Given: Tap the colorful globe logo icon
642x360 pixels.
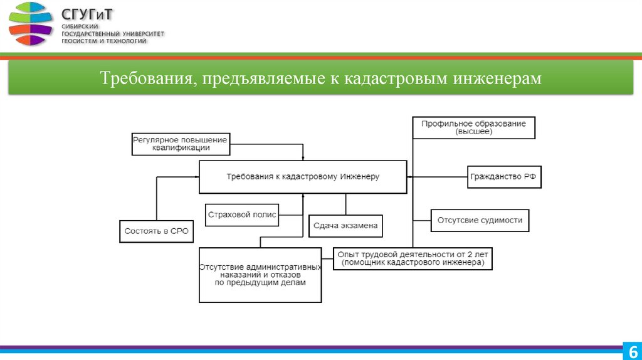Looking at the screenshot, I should point(31,24).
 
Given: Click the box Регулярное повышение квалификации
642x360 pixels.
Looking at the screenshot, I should point(181,144).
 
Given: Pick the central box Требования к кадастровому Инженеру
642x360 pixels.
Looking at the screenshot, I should point(303,177).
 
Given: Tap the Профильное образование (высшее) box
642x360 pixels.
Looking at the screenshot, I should point(473,127).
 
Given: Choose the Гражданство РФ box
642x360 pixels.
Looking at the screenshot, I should point(504,177).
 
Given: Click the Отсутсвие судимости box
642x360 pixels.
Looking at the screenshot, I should point(480,220).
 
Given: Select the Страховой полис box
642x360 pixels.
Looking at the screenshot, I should point(242,214).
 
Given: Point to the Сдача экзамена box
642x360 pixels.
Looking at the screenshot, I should point(345,226).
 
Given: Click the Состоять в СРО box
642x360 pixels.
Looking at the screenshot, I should point(156,231).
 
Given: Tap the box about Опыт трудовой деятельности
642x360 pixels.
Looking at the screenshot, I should point(413,258).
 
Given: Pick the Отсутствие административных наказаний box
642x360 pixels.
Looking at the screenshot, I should point(260,275).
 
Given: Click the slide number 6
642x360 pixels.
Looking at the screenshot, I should point(632,351).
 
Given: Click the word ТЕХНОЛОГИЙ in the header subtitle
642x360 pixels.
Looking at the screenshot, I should point(124,41).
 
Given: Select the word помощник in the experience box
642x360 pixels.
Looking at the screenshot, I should point(364,263).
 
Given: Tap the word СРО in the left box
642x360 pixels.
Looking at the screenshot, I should point(178,231).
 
